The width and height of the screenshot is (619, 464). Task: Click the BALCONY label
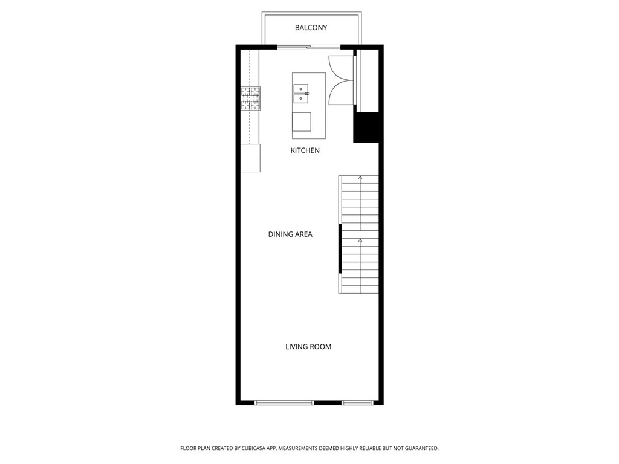(311, 28)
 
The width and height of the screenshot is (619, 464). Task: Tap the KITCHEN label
(305, 150)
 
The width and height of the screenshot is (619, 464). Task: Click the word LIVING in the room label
(297, 347)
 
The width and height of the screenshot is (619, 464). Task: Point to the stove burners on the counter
(251, 99)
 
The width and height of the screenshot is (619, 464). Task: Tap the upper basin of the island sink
(300, 88)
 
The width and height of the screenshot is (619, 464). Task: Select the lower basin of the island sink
(300, 98)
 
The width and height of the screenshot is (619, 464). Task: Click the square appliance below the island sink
(302, 121)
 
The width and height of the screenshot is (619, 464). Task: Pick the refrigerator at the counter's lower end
(250, 158)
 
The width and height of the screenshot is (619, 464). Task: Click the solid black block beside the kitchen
(366, 127)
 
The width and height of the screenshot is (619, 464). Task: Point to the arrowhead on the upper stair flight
(360, 178)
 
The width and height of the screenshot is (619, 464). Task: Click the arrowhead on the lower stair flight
(360, 240)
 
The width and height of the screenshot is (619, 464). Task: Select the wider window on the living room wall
(285, 402)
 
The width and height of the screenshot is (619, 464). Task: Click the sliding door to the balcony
(309, 47)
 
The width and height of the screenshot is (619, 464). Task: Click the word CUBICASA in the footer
(254, 448)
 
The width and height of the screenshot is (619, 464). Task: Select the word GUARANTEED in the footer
(418, 448)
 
